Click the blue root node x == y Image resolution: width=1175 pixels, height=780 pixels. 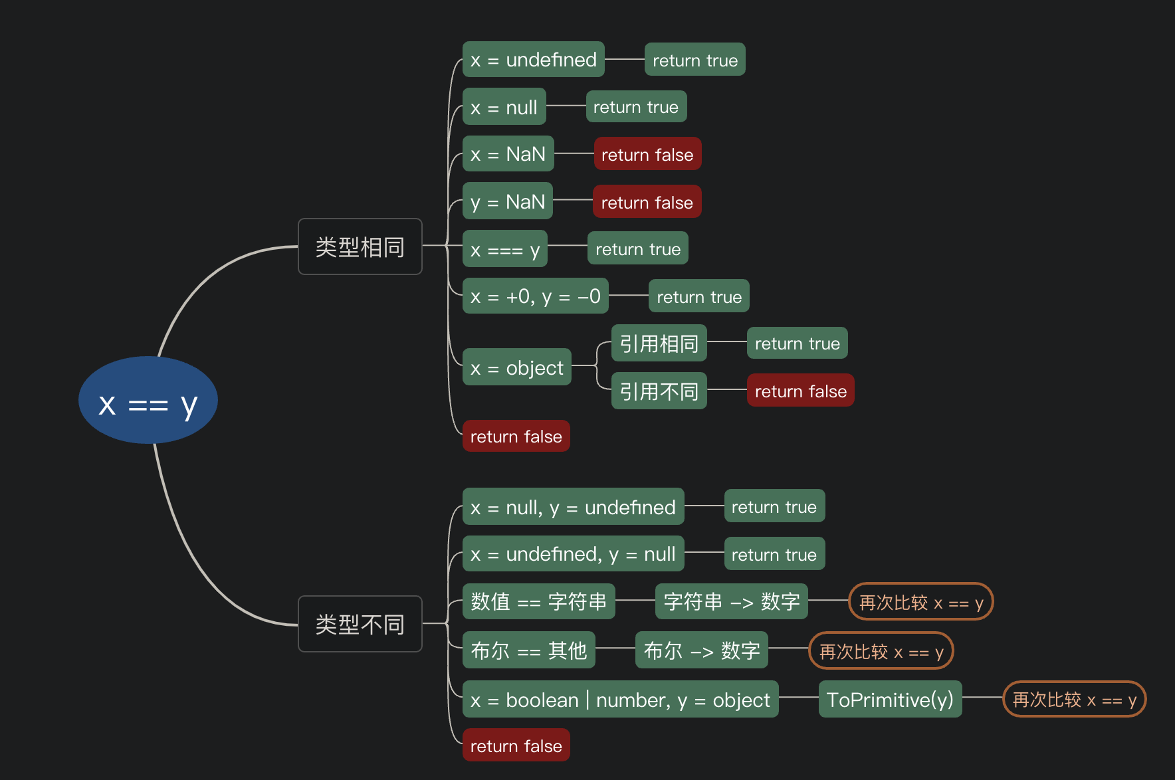coord(148,400)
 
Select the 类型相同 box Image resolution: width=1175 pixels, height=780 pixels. coord(360,246)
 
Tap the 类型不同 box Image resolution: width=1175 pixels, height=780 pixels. coord(360,624)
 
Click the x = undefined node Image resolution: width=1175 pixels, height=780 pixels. coord(534,59)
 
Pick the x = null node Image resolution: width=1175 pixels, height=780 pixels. coord(504,106)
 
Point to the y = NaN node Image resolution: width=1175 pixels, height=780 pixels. coord(508,201)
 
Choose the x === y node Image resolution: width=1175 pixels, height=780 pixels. coord(505,248)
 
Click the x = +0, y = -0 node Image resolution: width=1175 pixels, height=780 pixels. coord(536,296)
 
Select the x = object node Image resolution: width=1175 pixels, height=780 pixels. coord(517,367)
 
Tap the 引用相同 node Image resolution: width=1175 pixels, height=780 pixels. coord(659,343)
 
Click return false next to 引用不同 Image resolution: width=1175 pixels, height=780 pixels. coord(801,390)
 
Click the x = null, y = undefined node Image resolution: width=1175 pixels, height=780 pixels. coord(574,506)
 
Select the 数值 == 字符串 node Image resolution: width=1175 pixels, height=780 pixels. coord(539,601)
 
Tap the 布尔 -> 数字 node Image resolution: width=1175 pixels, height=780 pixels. coord(702,650)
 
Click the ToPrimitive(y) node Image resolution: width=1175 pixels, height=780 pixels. coord(891,699)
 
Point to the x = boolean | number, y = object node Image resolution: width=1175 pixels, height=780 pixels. coord(621,699)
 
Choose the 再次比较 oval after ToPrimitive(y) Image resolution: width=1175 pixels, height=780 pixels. coord(1075,699)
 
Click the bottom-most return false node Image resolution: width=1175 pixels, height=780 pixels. coord(516,745)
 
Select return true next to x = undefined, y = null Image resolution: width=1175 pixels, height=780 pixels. coord(775,553)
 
